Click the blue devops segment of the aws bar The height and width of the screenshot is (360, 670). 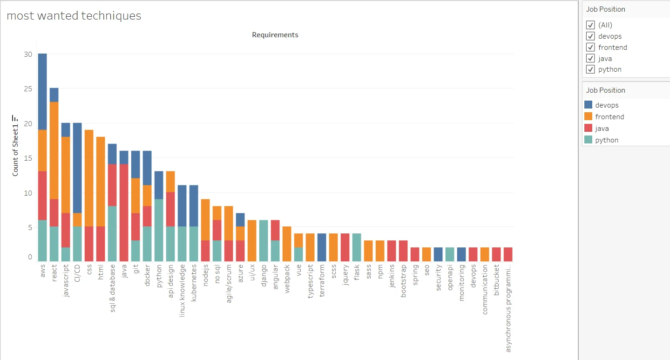click(42, 91)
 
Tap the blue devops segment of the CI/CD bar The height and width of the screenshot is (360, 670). click(77, 168)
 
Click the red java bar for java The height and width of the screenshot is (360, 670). click(124, 212)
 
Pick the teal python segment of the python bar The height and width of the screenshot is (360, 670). click(159, 230)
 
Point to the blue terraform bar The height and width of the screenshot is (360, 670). click(322, 247)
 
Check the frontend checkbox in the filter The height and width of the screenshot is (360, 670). click(591, 48)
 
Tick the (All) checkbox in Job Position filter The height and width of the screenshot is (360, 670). click(591, 25)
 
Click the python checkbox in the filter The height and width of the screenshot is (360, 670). click(591, 69)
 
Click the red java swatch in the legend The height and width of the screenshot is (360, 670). click(588, 129)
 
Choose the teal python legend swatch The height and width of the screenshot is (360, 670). click(588, 140)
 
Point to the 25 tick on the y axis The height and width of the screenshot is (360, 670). click(28, 88)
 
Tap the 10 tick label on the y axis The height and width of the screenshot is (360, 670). click(28, 192)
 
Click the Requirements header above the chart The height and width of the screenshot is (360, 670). click(275, 35)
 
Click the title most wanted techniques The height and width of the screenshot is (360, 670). click(74, 16)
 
